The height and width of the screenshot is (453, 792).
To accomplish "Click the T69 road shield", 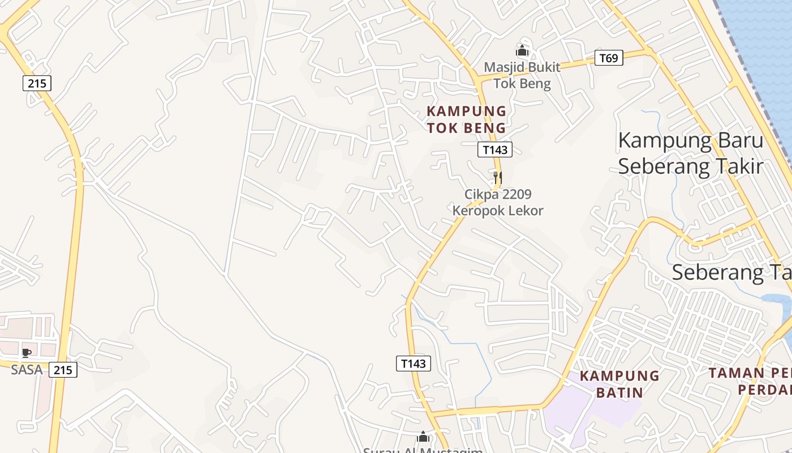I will [x=609, y=58].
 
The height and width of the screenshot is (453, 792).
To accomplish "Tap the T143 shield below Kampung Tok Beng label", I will [x=495, y=149].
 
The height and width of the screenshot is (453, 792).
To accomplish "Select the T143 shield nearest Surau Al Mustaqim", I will [x=413, y=364].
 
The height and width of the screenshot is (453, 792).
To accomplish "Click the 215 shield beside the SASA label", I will [x=63, y=370].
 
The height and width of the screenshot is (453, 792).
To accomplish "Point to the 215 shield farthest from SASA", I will [x=37, y=83].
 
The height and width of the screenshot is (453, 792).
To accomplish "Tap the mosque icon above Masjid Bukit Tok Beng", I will [x=522, y=51].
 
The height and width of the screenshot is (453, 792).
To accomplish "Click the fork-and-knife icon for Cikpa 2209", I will [x=498, y=177].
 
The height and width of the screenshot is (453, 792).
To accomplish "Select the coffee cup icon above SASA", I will [x=26, y=353].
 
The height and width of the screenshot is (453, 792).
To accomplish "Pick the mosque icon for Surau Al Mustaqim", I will [x=423, y=437].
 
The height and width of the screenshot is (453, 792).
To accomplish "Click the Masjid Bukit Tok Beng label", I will [x=522, y=75].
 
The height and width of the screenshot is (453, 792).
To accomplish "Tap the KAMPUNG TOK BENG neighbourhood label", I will [x=466, y=119].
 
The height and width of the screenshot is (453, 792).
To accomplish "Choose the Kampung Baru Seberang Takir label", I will [x=690, y=153].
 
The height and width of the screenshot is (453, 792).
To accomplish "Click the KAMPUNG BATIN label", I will [x=619, y=384].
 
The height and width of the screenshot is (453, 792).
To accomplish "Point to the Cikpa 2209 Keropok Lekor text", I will [x=498, y=203].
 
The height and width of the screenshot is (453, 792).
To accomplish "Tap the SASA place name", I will [x=27, y=370].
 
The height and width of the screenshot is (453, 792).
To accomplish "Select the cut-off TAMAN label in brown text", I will [x=750, y=381].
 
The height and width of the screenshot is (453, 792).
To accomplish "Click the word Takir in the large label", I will [x=735, y=166].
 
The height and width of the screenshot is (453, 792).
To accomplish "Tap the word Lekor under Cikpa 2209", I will [x=526, y=211].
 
